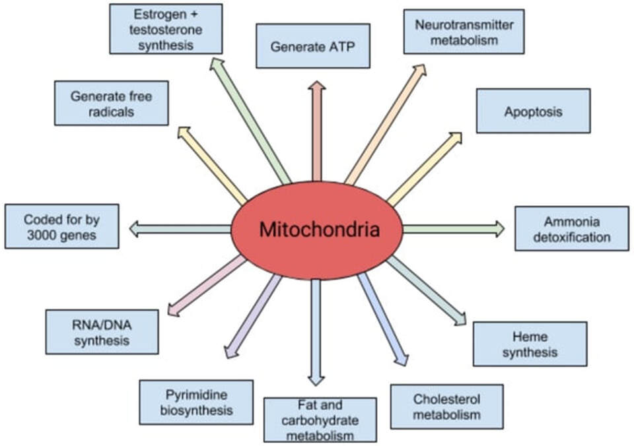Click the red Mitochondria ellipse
coord(316,230)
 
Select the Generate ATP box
coord(312,46)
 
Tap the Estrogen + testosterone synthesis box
coord(165,28)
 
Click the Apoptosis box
coord(533,111)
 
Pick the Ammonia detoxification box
coord(571,228)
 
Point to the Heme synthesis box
coord(530,344)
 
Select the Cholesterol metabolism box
coord(446,406)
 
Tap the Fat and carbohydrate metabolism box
coord(320,419)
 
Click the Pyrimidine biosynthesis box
coord(196,402)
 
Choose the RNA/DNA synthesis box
coord(102,332)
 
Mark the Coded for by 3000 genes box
coord(62,226)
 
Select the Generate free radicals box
coord(111,103)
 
